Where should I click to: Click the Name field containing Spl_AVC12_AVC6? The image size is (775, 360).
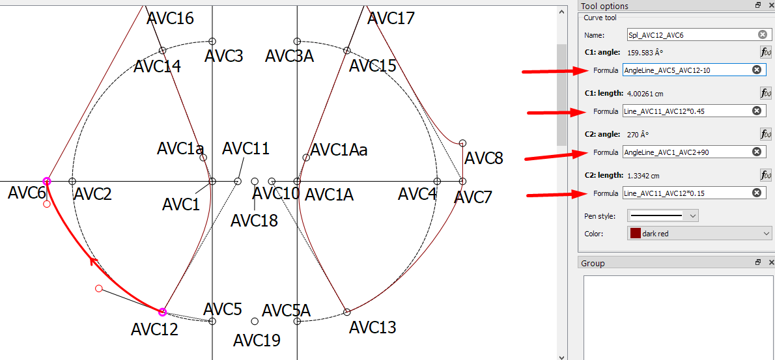click(x=690, y=35)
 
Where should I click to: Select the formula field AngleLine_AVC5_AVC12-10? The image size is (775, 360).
click(x=684, y=70)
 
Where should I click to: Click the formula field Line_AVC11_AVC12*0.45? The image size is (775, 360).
click(x=684, y=111)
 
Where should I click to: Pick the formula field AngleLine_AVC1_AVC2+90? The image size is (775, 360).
click(x=684, y=152)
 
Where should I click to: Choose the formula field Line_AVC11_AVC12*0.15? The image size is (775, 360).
click(x=684, y=193)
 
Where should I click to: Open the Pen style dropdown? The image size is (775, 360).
click(x=662, y=215)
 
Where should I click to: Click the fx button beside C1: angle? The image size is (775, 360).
click(x=765, y=52)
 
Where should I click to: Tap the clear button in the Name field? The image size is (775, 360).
click(x=762, y=35)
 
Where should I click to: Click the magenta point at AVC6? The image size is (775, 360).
click(x=47, y=181)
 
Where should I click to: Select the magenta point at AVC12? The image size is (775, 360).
click(x=163, y=312)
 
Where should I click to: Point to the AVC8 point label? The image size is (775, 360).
click(x=484, y=158)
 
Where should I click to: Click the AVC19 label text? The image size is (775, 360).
click(x=257, y=340)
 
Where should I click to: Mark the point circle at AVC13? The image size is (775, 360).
click(x=346, y=312)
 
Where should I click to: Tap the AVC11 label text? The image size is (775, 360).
click(x=246, y=149)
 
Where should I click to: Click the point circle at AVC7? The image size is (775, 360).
click(x=463, y=181)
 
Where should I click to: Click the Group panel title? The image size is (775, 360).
click(x=593, y=263)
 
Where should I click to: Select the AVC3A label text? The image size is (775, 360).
click(x=289, y=56)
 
